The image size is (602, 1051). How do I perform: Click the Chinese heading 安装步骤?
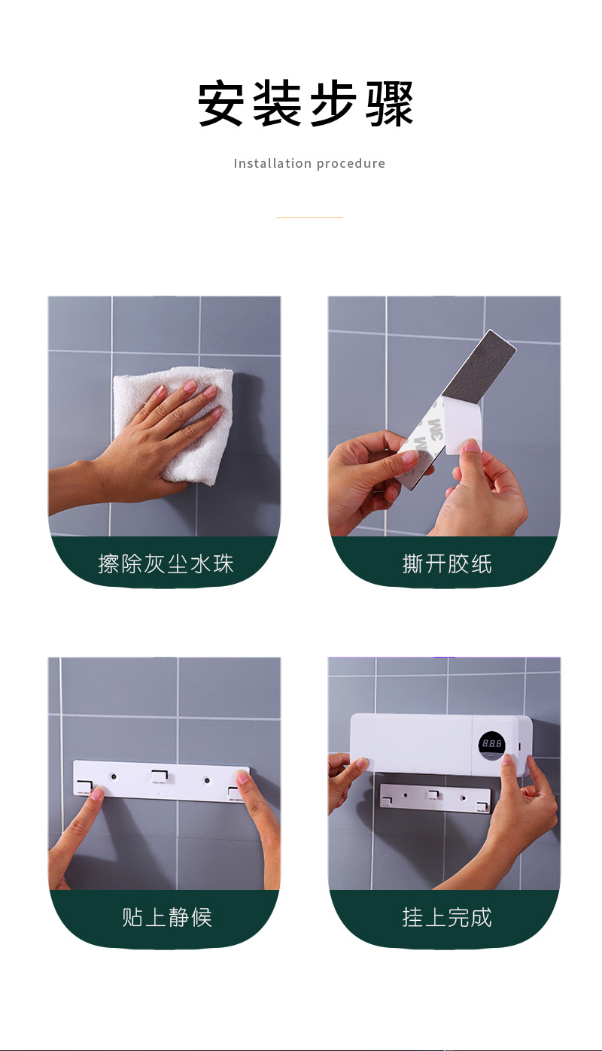click(305, 103)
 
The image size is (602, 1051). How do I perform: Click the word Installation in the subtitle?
click(272, 163)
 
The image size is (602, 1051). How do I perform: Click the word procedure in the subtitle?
click(351, 164)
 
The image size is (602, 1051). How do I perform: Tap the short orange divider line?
click(309, 217)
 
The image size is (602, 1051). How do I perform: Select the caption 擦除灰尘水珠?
click(166, 563)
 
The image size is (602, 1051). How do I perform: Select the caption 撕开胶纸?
click(447, 563)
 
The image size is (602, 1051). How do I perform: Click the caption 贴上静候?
click(167, 917)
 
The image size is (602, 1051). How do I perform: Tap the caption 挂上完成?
click(447, 917)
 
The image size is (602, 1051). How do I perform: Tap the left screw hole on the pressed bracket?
click(113, 776)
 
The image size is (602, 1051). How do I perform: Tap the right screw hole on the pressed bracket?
click(206, 781)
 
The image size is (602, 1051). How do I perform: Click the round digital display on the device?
click(491, 744)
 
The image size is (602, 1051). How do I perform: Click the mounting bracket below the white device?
click(434, 797)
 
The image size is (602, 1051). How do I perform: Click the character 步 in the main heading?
click(333, 103)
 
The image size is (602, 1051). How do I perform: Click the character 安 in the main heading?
click(220, 103)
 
